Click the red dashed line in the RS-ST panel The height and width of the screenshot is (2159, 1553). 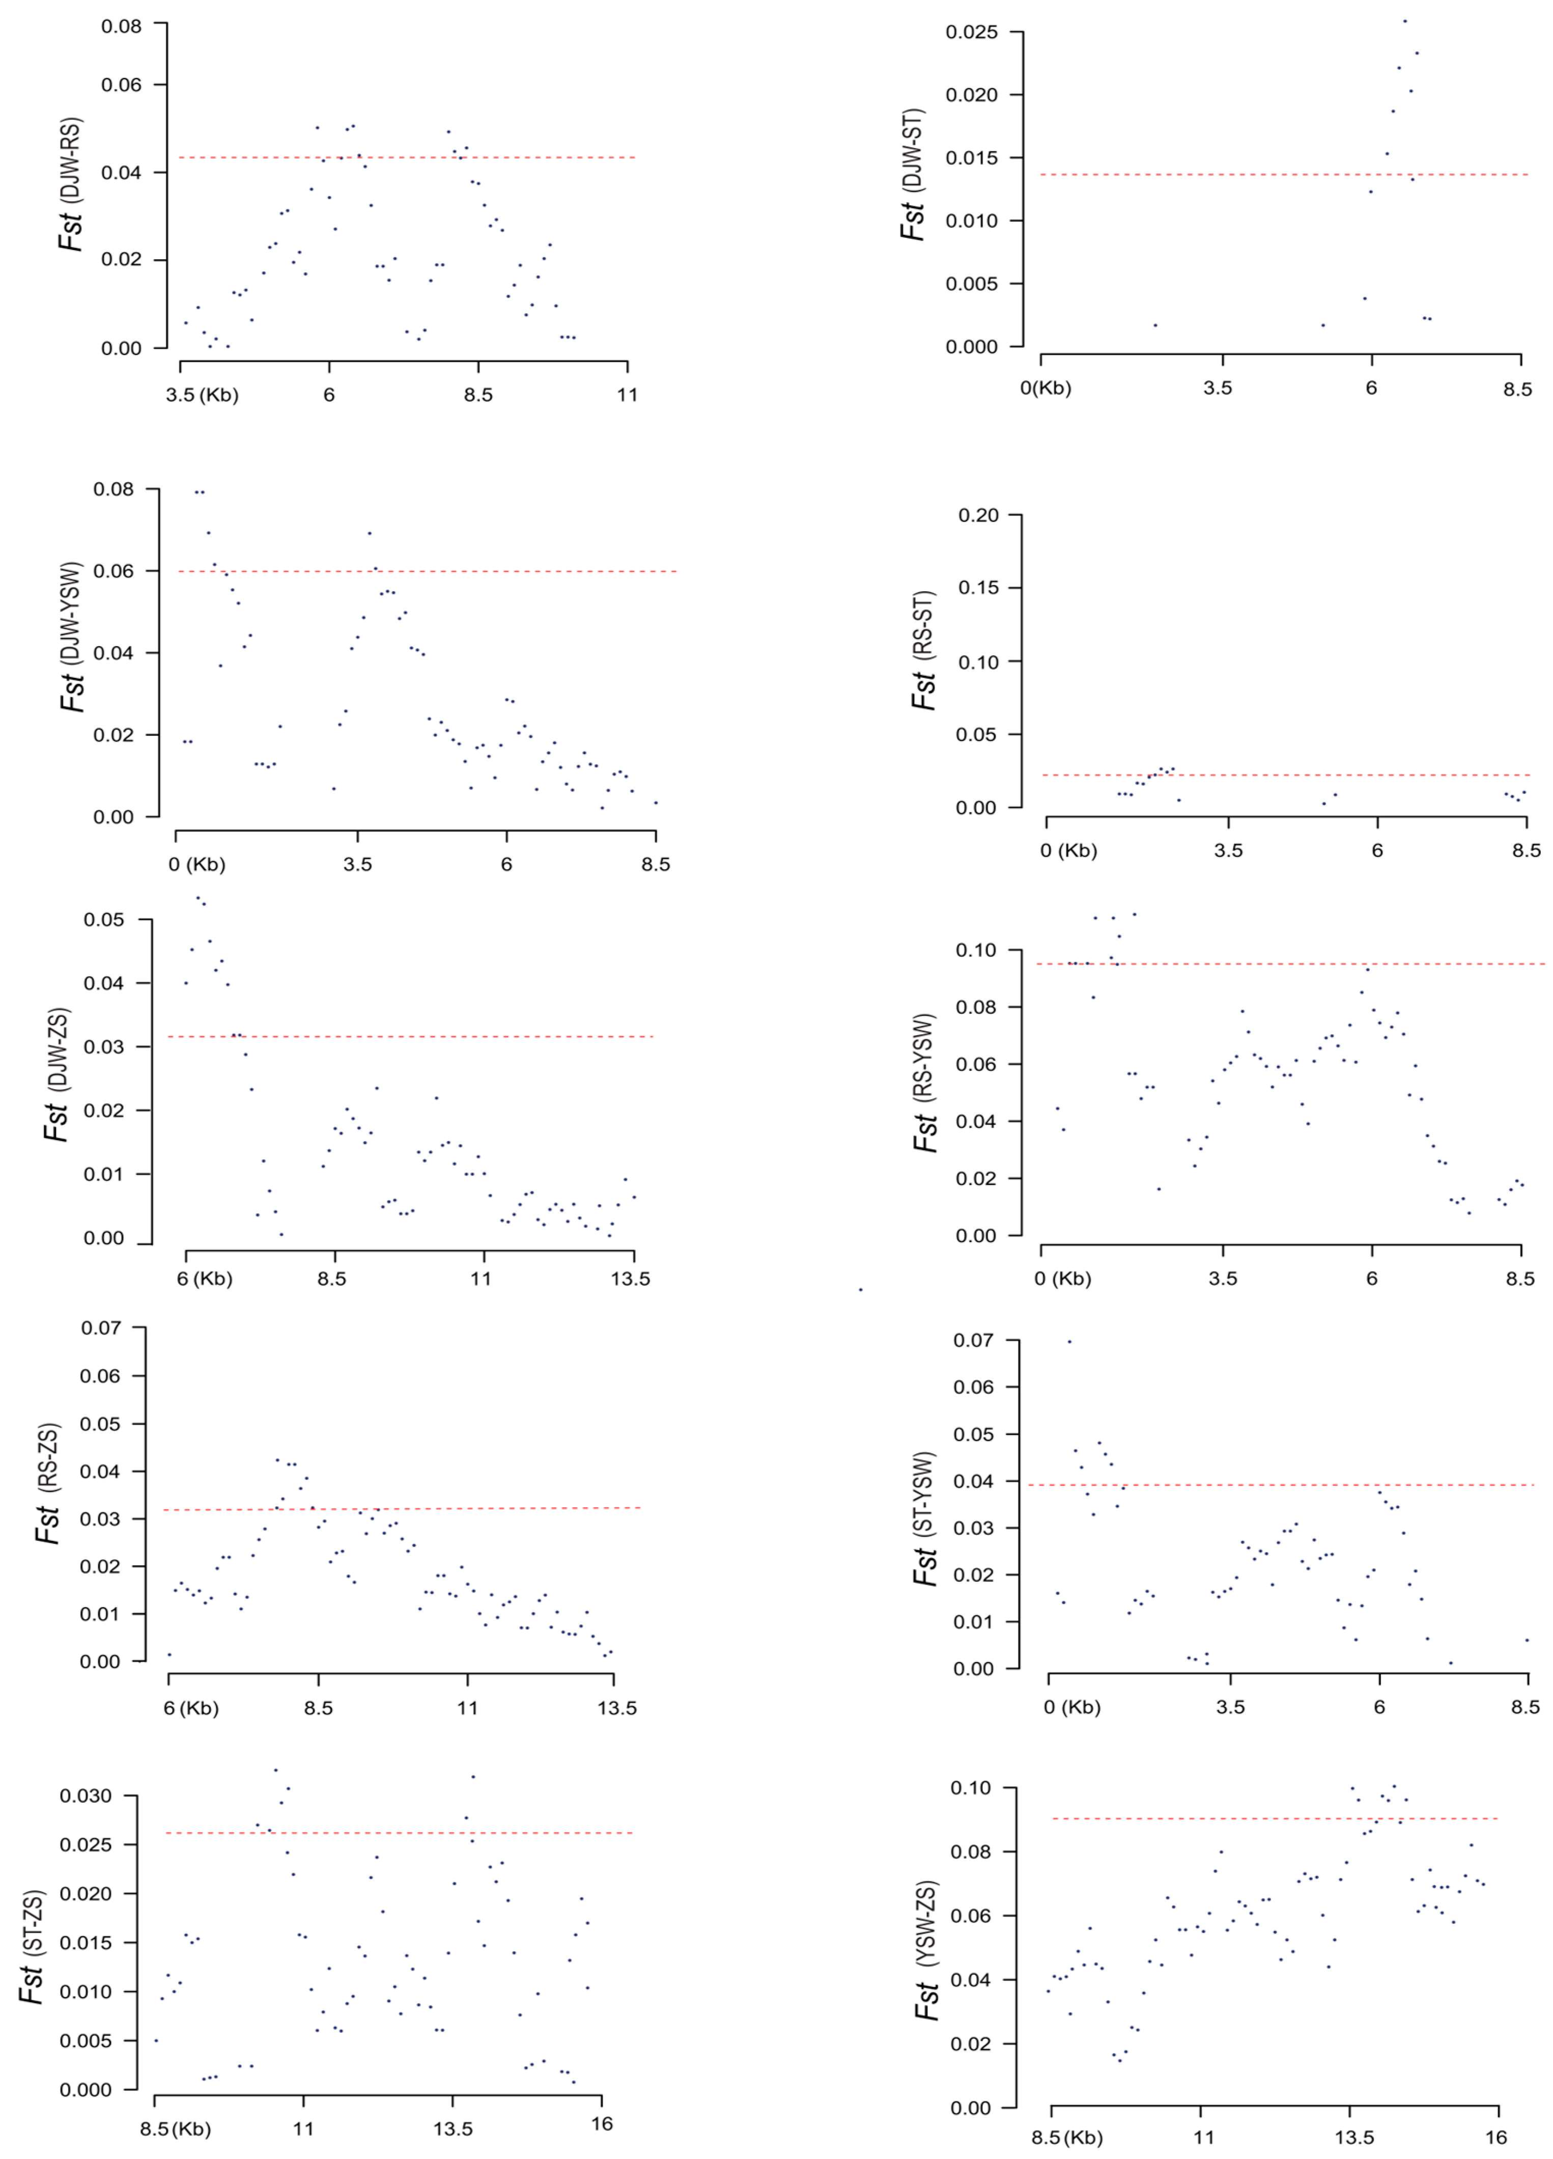(x=1285, y=775)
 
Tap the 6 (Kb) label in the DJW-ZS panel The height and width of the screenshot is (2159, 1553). (x=204, y=1279)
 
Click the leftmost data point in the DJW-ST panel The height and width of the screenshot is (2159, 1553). (x=1155, y=324)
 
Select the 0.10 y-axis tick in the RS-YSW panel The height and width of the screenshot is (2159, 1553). (x=975, y=950)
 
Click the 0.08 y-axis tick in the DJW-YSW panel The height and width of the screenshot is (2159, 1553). (x=113, y=489)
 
